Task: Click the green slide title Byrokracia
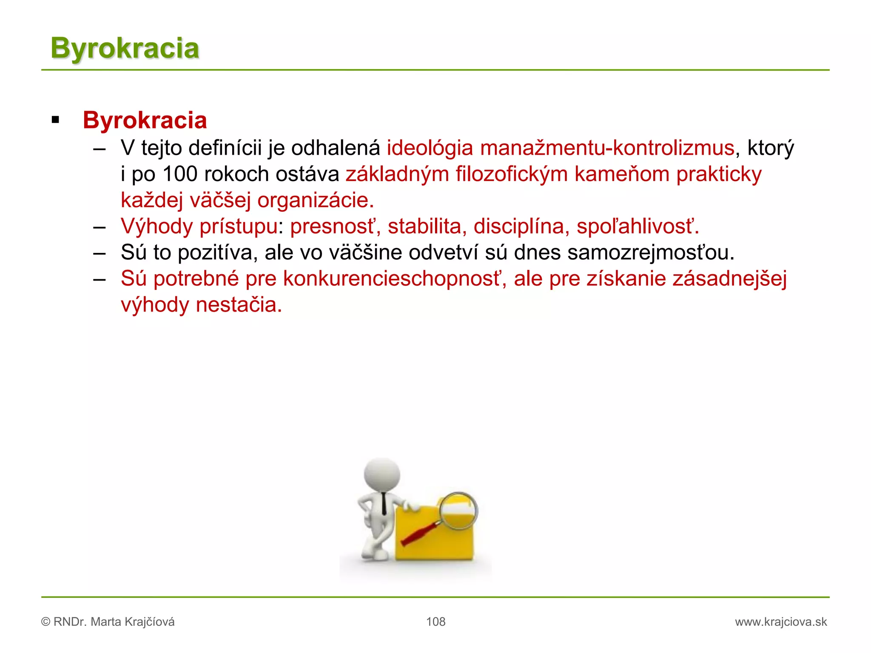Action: coord(125,48)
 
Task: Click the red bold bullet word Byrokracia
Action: coord(145,120)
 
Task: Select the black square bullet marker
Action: coord(55,120)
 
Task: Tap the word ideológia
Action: coord(430,148)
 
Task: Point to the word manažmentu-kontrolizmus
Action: coord(607,148)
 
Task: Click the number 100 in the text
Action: coord(180,174)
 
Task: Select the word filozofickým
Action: coord(512,174)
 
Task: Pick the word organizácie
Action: coord(316,200)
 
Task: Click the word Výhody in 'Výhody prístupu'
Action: coord(157,226)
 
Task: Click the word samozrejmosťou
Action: coord(651,253)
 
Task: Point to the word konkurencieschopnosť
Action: coord(395,279)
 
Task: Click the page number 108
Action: coord(435,622)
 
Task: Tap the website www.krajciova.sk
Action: coord(781,622)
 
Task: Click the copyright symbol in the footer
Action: coord(46,622)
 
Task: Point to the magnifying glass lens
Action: coord(458,510)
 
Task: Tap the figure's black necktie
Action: coord(384,504)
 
